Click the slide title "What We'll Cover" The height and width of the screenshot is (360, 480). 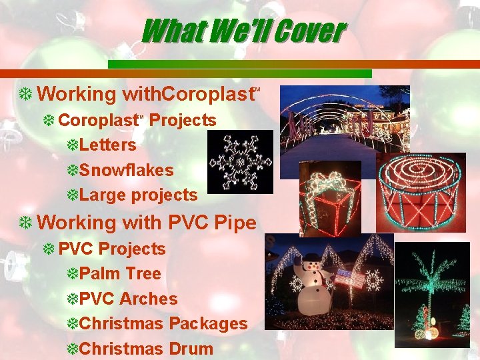tap(243, 30)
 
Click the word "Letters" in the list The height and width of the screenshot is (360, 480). tap(107, 145)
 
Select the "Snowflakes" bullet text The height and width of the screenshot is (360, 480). tap(126, 170)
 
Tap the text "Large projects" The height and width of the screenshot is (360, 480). tap(138, 195)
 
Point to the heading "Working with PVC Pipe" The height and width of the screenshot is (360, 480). tap(147, 222)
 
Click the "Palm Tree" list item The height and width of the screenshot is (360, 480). tap(120, 273)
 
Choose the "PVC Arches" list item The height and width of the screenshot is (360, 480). tap(128, 299)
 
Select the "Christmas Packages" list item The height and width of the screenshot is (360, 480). tap(163, 324)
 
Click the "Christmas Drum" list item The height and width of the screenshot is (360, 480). tap(146, 349)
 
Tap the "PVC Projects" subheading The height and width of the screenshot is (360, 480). tap(111, 249)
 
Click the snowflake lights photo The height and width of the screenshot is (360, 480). tap(240, 162)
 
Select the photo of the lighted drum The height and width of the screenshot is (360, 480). tap(421, 193)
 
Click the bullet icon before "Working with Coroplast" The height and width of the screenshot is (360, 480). tap(26, 95)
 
